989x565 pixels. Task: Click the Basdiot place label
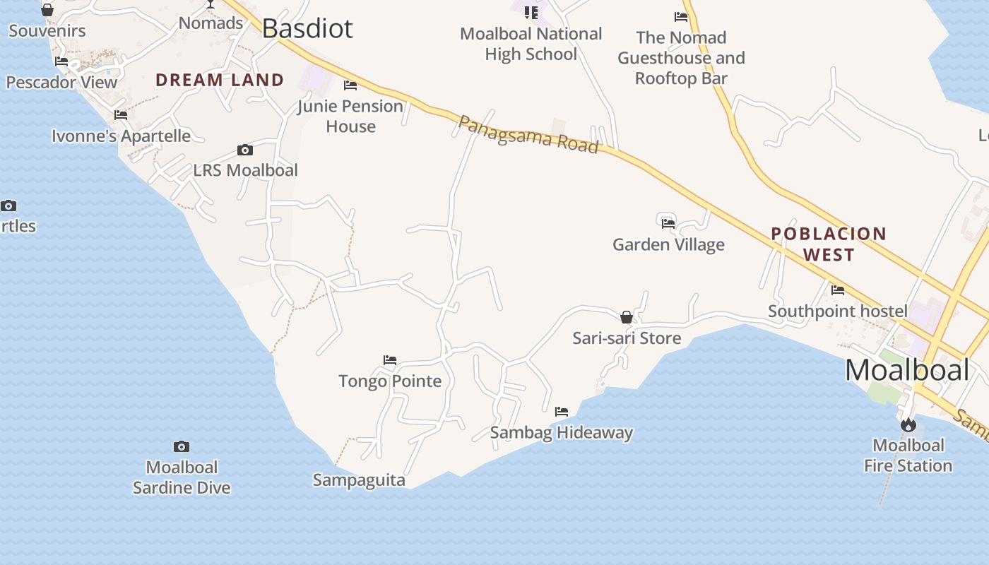307,28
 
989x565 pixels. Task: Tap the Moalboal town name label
907,370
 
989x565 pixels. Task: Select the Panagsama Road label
528,134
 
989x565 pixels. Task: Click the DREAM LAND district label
220,80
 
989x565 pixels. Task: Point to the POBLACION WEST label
829,244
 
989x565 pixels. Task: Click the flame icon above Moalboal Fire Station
908,424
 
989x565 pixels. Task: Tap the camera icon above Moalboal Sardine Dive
182,446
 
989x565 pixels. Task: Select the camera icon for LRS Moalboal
245,150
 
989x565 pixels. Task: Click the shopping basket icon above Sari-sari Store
627,317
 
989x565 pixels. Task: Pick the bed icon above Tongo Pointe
390,360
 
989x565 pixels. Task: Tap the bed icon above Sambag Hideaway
562,411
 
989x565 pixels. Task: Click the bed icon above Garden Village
668,223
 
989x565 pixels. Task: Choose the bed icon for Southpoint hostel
838,290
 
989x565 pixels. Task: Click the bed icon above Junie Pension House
350,85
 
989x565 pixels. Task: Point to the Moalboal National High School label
531,44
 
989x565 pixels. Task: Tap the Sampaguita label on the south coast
359,480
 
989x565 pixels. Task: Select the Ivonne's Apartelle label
122,136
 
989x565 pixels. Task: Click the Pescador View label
61,82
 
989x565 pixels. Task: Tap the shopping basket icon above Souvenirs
47,10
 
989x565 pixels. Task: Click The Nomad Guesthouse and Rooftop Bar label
681,57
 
